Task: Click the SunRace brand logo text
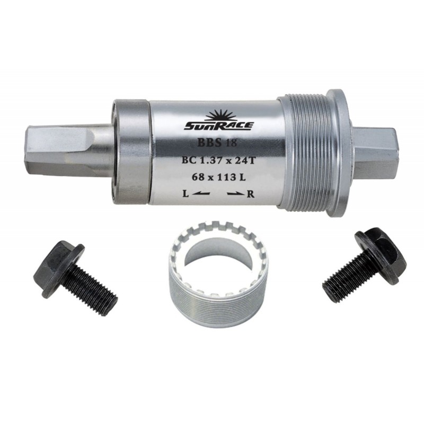(x=218, y=126)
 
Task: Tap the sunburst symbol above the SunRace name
(x=220, y=116)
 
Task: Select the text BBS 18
(x=217, y=142)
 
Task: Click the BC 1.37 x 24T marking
(x=219, y=160)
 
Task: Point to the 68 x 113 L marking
(x=218, y=177)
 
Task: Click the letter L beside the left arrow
(x=185, y=193)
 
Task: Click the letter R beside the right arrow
(x=251, y=194)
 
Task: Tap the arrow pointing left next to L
(x=201, y=193)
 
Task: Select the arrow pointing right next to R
(x=236, y=193)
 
